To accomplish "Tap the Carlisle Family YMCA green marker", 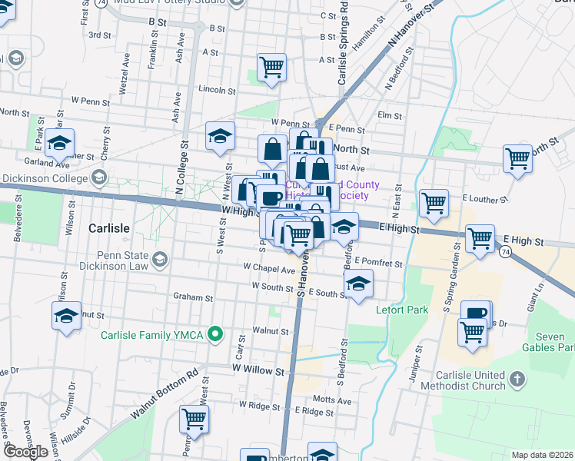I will pyautogui.click(x=216, y=334).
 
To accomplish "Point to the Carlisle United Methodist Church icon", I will pyautogui.click(x=517, y=379).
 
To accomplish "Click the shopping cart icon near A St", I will pyautogui.click(x=272, y=67).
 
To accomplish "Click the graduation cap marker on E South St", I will pyautogui.click(x=358, y=284).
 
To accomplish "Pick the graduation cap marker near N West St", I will pyautogui.click(x=221, y=136).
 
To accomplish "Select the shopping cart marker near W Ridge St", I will pyautogui.click(x=194, y=420).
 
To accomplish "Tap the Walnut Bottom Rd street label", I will pyautogui.click(x=165, y=396).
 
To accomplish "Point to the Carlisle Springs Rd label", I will pyautogui.click(x=344, y=44).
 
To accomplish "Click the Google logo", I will pyautogui.click(x=25, y=452).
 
